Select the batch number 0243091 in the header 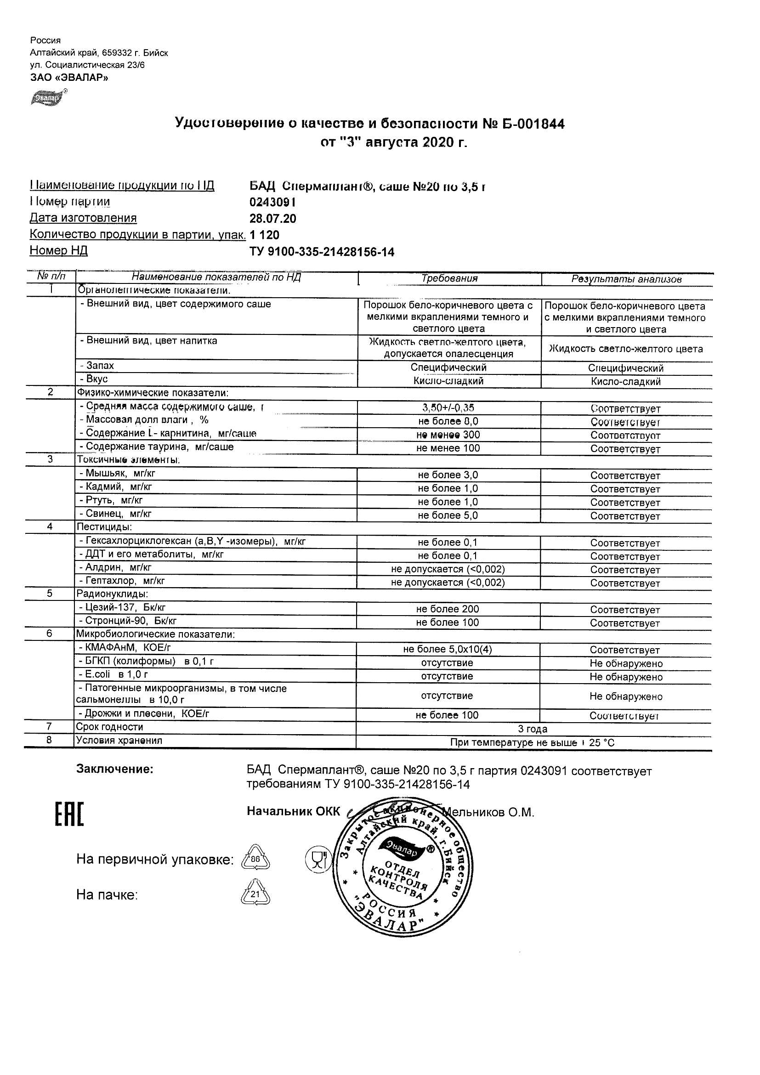(272, 202)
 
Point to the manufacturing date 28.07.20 (272, 219)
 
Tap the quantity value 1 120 (265, 235)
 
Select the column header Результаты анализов (626, 279)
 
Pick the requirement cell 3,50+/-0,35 (448, 408)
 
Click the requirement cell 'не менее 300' (448, 435)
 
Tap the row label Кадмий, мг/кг (119, 487)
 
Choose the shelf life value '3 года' (533, 729)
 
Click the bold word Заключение (115, 769)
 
